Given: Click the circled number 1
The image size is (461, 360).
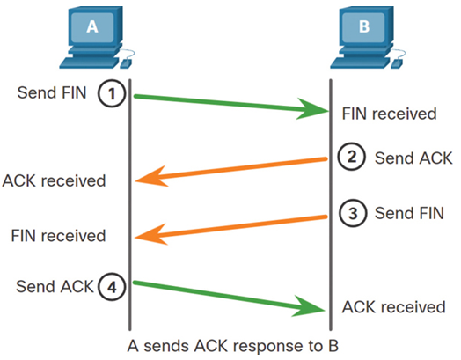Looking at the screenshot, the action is (112, 93).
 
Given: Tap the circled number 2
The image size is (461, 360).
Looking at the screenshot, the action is (352, 157).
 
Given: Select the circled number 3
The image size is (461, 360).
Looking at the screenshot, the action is (353, 213).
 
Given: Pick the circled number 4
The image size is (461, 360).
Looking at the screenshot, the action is (112, 286).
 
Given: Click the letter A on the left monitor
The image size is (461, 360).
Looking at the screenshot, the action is (92, 26).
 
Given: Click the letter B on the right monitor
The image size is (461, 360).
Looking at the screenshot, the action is (364, 26).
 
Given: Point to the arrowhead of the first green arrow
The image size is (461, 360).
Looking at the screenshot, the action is (313, 109).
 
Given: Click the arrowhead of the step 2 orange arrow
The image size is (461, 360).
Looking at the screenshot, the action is (151, 177).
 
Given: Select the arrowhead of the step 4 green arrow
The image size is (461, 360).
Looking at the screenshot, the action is (309, 307).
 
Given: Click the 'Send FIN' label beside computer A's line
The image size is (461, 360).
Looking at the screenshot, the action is (52, 92).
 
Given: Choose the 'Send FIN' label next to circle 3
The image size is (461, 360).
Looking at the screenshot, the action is (409, 213).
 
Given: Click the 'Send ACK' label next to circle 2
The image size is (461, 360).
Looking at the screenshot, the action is (413, 158).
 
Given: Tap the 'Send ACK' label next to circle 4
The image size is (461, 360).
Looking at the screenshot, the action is (55, 286).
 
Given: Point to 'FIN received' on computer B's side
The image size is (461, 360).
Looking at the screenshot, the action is (389, 114).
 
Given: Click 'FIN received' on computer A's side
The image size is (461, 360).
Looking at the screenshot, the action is (58, 236).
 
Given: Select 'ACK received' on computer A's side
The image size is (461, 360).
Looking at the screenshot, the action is (54, 180).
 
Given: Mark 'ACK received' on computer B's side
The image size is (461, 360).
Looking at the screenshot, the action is (393, 307).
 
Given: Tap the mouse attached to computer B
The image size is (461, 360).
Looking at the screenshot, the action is (397, 63).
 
